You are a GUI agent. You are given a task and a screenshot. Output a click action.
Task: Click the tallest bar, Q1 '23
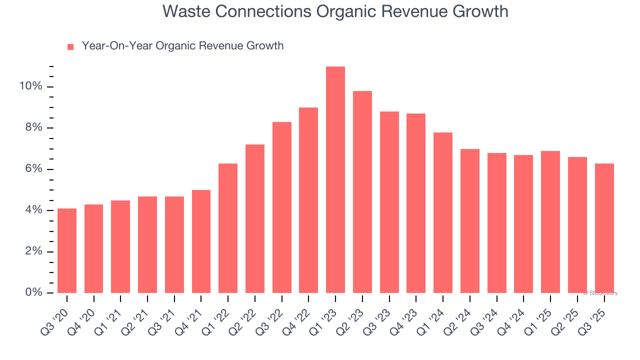pyautogui.click(x=335, y=179)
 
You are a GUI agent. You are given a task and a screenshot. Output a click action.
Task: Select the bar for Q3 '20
pyautogui.click(x=67, y=250)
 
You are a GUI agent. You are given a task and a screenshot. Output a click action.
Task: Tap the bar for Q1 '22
pyautogui.click(x=228, y=228)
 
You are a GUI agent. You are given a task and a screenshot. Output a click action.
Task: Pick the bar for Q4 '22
pyautogui.click(x=308, y=200)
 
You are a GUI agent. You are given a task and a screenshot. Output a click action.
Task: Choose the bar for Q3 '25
pyautogui.click(x=604, y=228)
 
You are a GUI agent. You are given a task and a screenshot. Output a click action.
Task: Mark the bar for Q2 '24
pyautogui.click(x=470, y=220)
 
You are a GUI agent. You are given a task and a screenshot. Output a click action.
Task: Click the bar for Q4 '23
pyautogui.click(x=416, y=203)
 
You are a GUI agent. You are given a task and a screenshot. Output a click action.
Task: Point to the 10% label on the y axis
pyautogui.click(x=31, y=86)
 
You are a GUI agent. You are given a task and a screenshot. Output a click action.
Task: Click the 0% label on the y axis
pyautogui.click(x=34, y=292)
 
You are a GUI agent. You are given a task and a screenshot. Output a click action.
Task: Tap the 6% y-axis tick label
pyautogui.click(x=34, y=169)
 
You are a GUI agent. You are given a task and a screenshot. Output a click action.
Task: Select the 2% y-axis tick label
pyautogui.click(x=34, y=251)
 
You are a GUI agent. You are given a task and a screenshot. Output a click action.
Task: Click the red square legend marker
pyautogui.click(x=70, y=47)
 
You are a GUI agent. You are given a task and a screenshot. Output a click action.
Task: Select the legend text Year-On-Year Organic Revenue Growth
pyautogui.click(x=182, y=46)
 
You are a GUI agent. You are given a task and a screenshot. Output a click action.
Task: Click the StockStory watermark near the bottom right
pyautogui.click(x=600, y=293)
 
